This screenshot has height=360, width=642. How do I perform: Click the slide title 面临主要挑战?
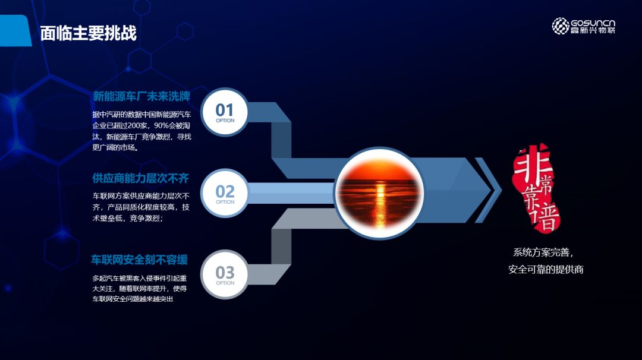[x=88, y=33]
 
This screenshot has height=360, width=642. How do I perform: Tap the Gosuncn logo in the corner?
[x=584, y=26]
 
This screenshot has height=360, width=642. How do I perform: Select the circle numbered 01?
[x=225, y=112]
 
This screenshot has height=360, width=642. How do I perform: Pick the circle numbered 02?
[x=225, y=193]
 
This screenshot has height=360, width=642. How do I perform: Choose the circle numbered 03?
[x=225, y=274]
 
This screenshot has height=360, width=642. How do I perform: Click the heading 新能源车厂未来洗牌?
[x=141, y=97]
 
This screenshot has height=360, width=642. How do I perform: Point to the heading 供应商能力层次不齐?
[x=140, y=178]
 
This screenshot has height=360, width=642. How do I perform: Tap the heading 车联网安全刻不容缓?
[x=139, y=260]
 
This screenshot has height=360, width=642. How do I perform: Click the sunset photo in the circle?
[x=379, y=193]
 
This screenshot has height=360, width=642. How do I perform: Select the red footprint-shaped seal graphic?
[x=536, y=188]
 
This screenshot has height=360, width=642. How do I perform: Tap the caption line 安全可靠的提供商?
[x=546, y=269]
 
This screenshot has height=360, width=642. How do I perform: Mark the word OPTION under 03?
[x=225, y=283]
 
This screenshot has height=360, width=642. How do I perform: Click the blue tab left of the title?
[x=15, y=31]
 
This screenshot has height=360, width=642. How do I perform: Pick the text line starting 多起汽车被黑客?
[x=139, y=278]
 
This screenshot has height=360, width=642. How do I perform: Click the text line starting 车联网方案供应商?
[x=141, y=197]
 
